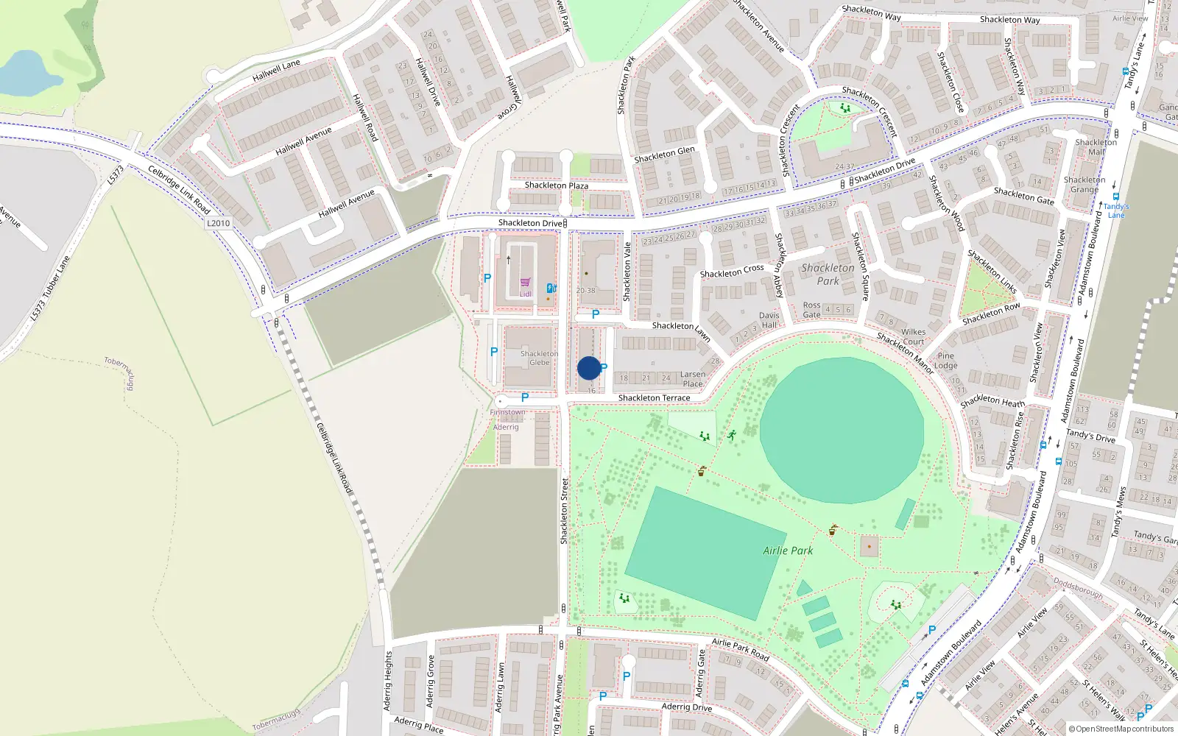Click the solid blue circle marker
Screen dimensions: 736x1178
tap(589, 368)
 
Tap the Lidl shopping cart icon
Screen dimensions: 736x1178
tap(525, 283)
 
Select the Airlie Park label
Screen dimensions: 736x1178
tap(788, 551)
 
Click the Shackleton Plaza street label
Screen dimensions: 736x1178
tap(556, 185)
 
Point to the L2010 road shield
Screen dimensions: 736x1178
tap(218, 223)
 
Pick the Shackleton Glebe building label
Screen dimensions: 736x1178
tap(539, 358)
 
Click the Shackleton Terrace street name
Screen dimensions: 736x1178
tap(654, 398)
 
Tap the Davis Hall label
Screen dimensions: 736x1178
tap(769, 320)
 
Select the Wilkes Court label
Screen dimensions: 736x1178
tap(913, 337)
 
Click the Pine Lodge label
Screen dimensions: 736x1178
tap(946, 361)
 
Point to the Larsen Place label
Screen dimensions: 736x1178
tap(693, 379)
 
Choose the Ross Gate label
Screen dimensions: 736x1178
tap(811, 310)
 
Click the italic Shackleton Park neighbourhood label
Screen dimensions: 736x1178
tap(828, 274)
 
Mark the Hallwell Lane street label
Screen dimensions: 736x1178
tap(276, 71)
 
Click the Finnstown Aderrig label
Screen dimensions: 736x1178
tap(507, 420)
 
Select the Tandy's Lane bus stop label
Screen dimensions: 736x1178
tap(1116, 210)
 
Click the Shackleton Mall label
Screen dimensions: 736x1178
tap(1096, 147)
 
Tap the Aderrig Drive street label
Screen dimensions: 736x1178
tap(686, 707)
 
